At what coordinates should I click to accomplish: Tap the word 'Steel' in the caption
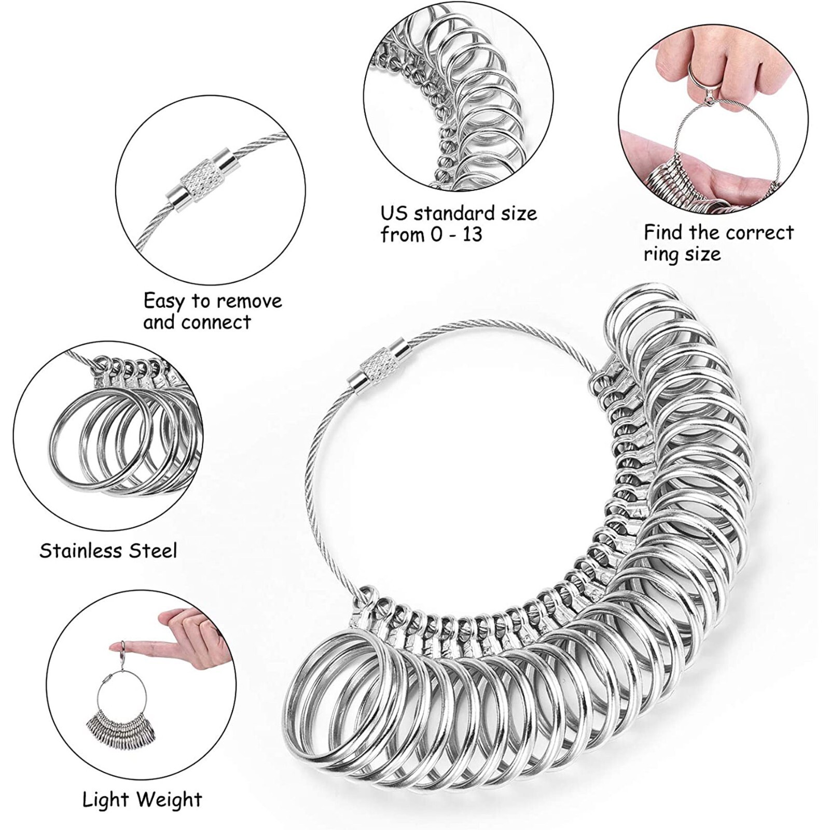point(153,550)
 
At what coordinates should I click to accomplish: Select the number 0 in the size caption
point(436,234)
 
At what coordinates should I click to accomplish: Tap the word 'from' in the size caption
point(402,234)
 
